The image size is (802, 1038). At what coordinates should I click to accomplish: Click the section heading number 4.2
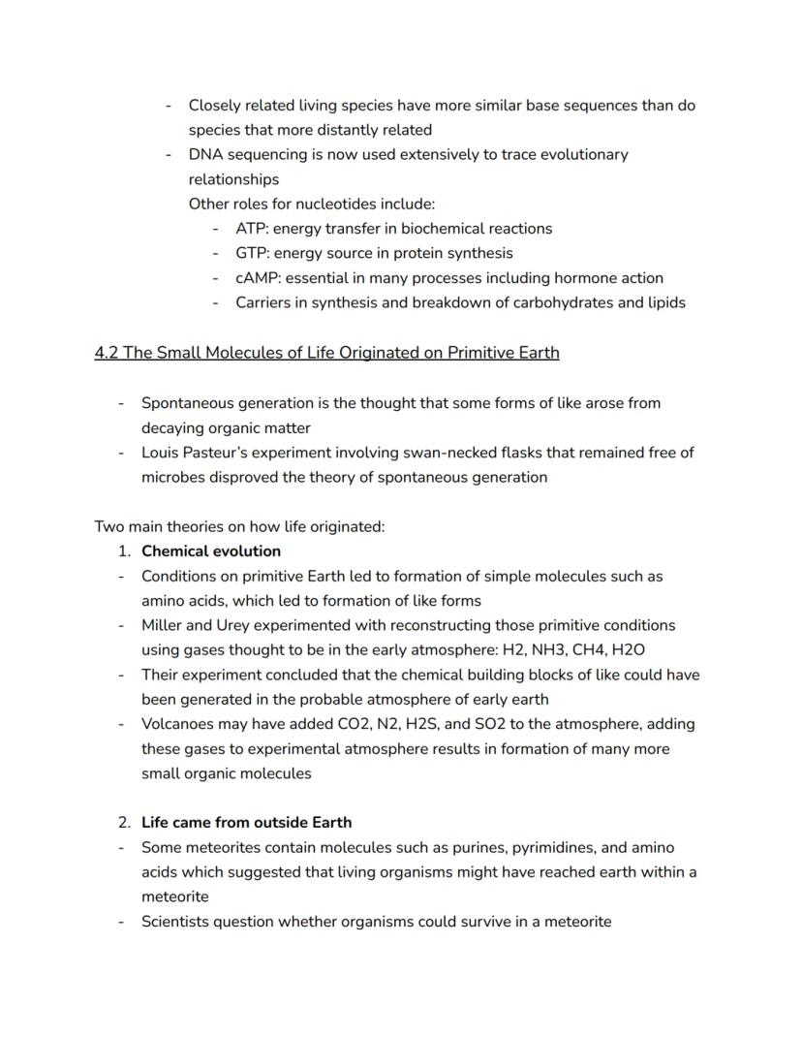[x=106, y=353]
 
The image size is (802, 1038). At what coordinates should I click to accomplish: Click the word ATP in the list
[x=250, y=229]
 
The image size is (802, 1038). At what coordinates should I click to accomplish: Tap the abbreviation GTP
[x=251, y=253]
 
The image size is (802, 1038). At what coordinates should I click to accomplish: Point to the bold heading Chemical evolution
[x=211, y=551]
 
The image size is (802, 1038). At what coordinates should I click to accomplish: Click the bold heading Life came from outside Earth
[x=246, y=822]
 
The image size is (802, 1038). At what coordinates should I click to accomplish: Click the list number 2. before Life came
[x=124, y=822]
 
